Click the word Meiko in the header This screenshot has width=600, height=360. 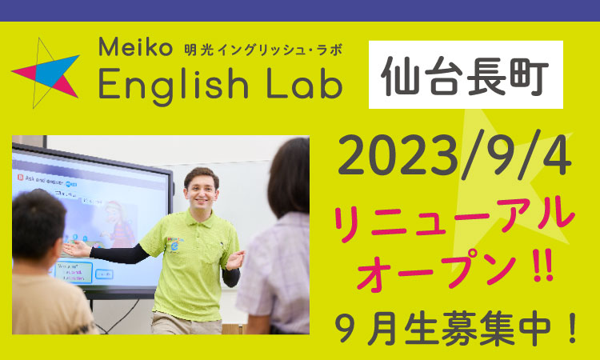[135, 46]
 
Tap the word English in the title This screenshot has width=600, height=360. [174, 85]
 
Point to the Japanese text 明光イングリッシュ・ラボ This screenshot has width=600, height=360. [263, 50]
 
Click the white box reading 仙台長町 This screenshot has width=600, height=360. [466, 74]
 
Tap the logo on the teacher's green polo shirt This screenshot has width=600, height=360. [174, 244]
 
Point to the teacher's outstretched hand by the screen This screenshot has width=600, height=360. [77, 249]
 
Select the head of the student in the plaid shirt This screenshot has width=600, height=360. [289, 177]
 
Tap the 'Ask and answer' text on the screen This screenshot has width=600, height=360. [44, 179]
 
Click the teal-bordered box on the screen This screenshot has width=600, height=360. [73, 272]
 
